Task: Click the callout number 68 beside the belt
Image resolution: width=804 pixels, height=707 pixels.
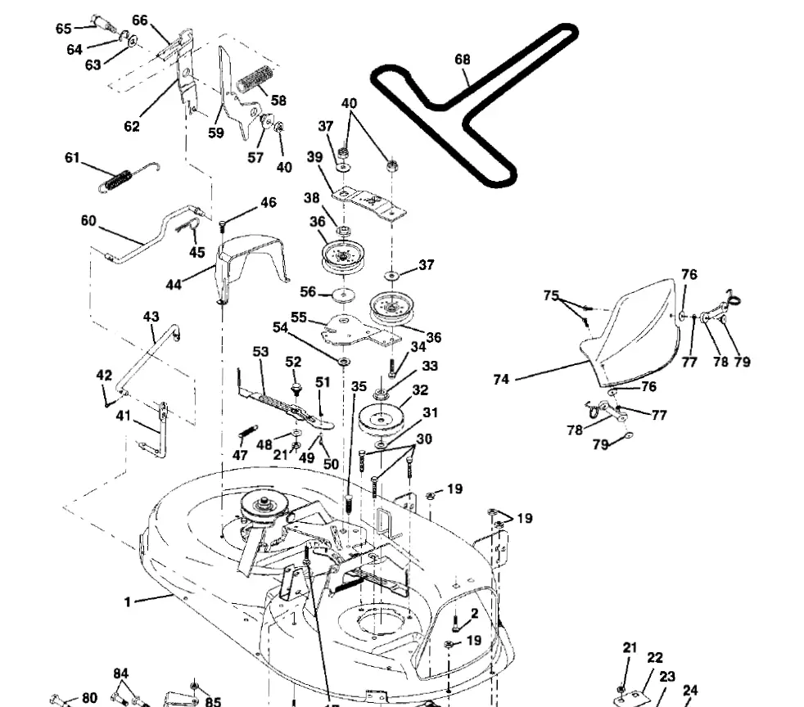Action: coord(463,60)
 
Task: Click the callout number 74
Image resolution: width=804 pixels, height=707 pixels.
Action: coord(502,380)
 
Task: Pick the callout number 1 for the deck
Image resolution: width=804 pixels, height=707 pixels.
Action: coord(128,602)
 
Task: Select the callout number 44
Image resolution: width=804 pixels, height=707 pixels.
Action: coord(174,285)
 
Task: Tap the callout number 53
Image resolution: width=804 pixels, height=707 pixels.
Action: coord(260,352)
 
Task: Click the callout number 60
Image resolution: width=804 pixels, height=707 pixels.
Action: coord(88,220)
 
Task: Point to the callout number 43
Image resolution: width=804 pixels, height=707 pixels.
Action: coord(151,317)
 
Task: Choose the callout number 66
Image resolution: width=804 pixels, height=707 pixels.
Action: coord(140,20)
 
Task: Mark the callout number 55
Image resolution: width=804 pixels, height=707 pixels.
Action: coord(299,317)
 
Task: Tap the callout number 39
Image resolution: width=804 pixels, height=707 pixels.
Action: coord(314,157)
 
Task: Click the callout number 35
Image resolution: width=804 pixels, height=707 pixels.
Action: coord(359,386)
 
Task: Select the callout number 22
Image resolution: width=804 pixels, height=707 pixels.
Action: coord(655,658)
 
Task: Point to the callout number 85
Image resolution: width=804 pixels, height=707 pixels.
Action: coord(213,701)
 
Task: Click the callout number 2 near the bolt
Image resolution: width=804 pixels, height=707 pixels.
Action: coord(473,614)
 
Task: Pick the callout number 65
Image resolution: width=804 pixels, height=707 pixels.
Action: coord(64,29)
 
